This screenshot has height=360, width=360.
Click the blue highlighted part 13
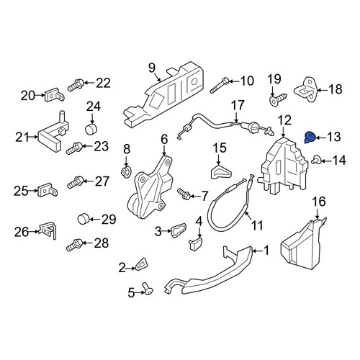[310, 138]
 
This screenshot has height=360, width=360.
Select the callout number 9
[152, 68]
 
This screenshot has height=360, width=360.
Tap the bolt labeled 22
[76, 85]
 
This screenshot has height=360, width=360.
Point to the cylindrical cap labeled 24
[91, 130]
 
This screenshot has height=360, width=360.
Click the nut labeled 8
[126, 172]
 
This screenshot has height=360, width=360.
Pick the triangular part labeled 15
[220, 172]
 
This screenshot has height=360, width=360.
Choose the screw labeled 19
[278, 99]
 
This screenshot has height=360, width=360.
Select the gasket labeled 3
[179, 230]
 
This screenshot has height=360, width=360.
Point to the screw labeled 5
[147, 289]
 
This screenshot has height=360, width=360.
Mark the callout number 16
[319, 202]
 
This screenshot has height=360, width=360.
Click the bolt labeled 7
[184, 194]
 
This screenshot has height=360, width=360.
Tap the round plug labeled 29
[84, 219]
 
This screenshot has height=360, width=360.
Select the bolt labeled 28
[74, 245]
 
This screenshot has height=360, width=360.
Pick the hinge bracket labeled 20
[55, 95]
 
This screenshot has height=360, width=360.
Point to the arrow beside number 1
[258, 251]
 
